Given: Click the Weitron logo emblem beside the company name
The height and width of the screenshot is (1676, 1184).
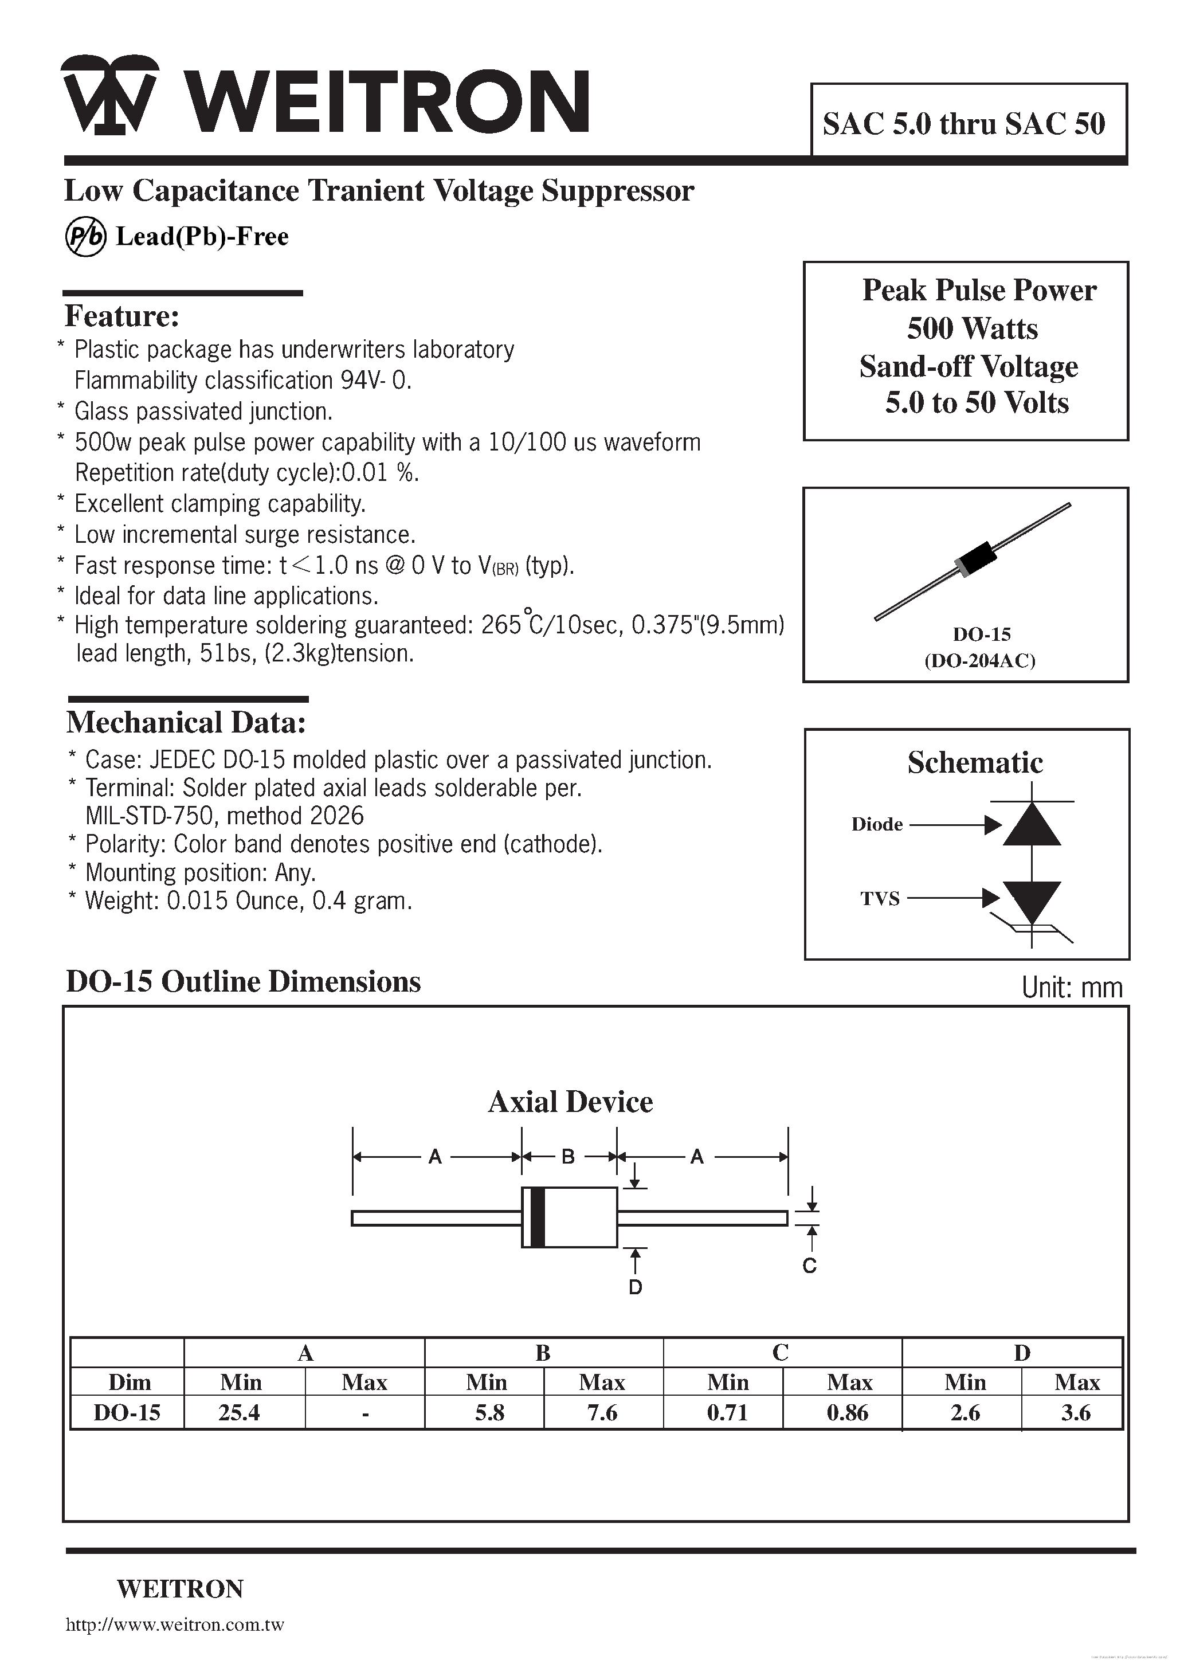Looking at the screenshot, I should coord(109,95).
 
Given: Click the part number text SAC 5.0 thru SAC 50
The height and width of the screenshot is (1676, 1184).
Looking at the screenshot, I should coord(963,124).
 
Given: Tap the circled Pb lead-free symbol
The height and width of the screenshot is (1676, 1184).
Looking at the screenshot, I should coord(86,237).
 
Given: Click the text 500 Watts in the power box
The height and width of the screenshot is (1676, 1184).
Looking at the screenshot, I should coord(971,328).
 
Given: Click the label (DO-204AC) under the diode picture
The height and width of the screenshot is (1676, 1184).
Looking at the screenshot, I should coord(979,661).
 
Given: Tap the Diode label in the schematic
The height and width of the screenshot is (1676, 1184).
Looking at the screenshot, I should coord(877,824).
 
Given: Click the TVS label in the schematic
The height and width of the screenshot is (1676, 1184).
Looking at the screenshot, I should coord(880,899).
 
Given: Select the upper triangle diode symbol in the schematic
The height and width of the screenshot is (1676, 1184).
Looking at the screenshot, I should coord(1031,824).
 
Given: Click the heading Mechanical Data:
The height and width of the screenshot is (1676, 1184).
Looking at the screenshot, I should coord(186,723).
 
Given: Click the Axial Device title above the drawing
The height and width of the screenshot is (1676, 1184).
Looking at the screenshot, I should coord(570,1102).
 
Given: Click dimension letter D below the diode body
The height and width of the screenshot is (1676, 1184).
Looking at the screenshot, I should coord(635,1287).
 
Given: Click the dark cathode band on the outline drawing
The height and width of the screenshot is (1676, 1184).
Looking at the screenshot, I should coord(536,1217).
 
